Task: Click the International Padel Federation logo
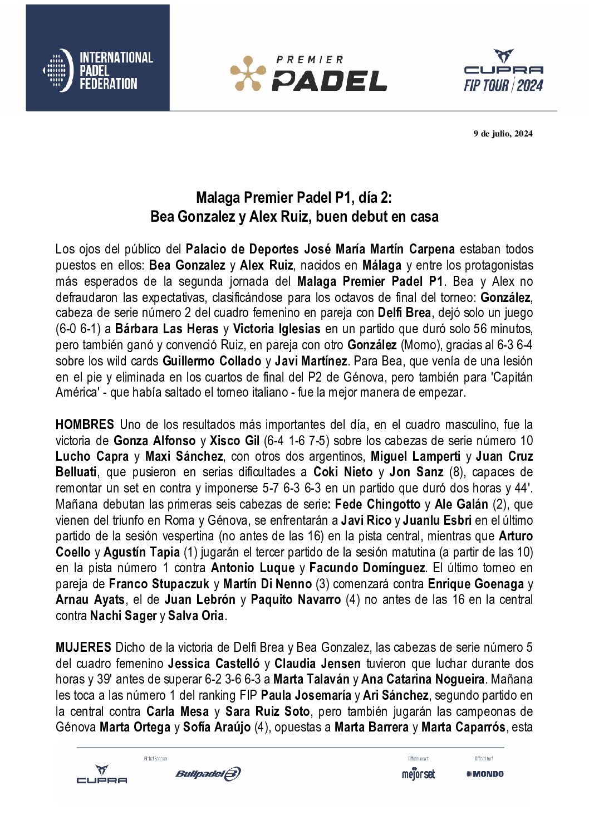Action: (97, 70)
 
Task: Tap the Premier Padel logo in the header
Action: (308, 74)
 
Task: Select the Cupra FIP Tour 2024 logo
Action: (503, 71)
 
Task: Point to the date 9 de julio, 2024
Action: (503, 133)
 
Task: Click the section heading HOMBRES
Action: (85, 425)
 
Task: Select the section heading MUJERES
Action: (84, 647)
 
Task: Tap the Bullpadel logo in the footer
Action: (208, 773)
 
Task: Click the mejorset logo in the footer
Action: (418, 774)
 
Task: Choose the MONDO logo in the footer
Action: (485, 774)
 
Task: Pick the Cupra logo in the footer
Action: (101, 774)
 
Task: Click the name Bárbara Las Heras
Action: (167, 329)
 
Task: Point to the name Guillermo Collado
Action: (212, 361)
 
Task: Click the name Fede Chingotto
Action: (377, 504)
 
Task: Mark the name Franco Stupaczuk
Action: (159, 584)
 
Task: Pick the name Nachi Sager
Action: (123, 616)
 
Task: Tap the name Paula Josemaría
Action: (306, 695)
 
